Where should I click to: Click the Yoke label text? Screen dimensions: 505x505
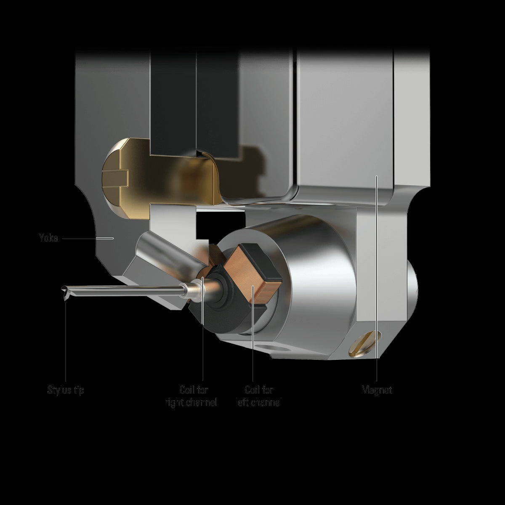(48, 238)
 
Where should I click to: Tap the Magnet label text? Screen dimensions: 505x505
(377, 390)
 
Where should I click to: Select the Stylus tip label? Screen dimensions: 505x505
(66, 390)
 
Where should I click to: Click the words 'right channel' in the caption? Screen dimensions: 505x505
(191, 403)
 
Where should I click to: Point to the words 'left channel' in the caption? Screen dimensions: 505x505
(258, 403)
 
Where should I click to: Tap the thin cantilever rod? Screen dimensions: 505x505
(126, 290)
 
